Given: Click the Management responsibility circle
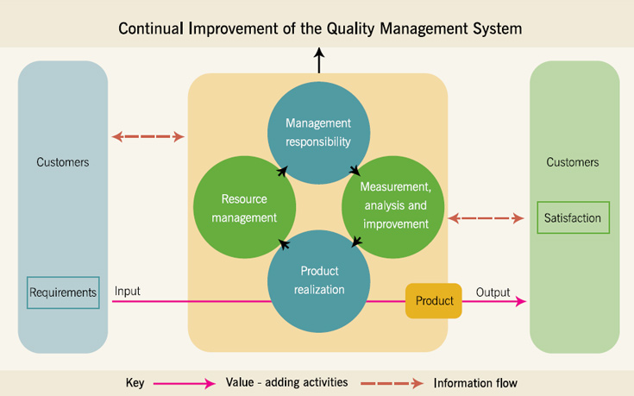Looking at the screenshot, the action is tap(318, 133).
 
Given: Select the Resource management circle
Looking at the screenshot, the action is tap(244, 207).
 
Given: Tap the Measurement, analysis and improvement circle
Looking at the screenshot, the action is tap(393, 207).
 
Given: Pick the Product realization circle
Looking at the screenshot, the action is tap(318, 281).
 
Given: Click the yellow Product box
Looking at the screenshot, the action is tap(433, 300).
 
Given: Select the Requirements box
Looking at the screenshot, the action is tap(63, 292).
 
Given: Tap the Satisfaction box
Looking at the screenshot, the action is tap(573, 217).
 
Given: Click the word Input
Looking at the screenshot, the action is tap(128, 291).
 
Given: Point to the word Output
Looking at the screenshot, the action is tap(493, 292).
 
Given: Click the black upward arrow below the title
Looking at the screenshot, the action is tap(319, 60).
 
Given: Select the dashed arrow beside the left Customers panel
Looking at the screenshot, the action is tap(148, 136).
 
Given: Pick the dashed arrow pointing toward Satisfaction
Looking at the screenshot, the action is tap(486, 218).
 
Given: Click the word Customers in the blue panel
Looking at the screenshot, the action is tap(63, 162).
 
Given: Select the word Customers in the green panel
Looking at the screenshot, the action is tap(573, 162).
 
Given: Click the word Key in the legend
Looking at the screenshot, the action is tap(135, 383).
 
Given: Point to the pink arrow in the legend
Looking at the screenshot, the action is tap(185, 383).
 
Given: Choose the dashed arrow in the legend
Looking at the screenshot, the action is tap(392, 383).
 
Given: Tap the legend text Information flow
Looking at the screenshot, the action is tap(475, 383).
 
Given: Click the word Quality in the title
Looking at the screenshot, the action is tap(350, 28).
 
